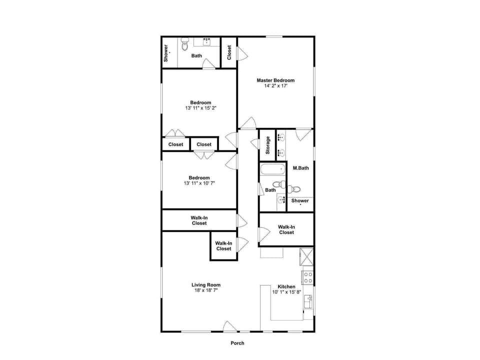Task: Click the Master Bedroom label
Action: click(275, 80)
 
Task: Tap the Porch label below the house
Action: click(237, 343)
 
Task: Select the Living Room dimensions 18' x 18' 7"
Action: click(205, 290)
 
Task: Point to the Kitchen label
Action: click(286, 286)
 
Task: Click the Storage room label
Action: click(267, 145)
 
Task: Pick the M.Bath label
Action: click(300, 168)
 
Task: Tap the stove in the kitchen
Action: click(308, 277)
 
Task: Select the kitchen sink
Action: click(308, 301)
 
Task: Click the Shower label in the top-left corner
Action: click(166, 53)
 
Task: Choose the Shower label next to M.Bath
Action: click(300, 201)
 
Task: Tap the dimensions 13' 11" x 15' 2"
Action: click(200, 108)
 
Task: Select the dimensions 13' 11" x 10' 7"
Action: click(199, 183)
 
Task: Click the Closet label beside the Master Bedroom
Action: click(229, 52)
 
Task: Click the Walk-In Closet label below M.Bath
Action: click(286, 229)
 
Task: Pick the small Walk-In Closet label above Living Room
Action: click(223, 246)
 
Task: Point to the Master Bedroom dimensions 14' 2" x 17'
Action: click(275, 85)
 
